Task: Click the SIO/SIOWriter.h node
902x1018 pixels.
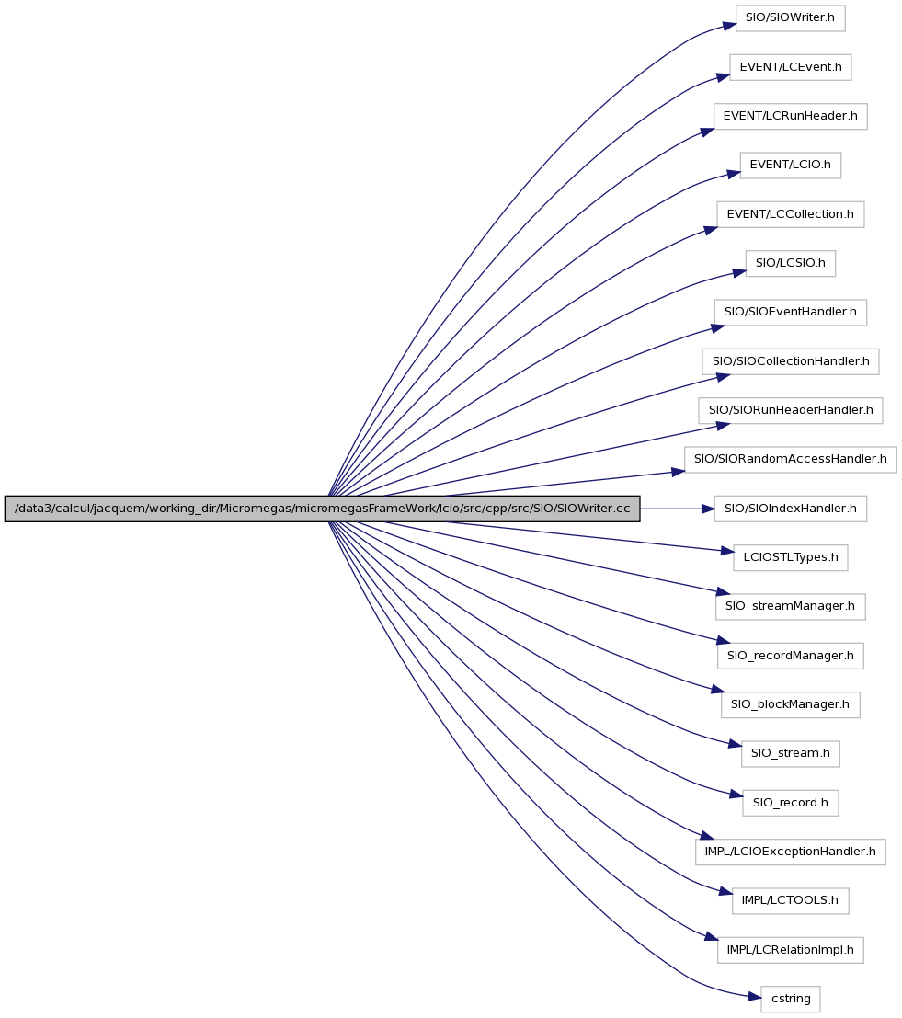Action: click(x=790, y=18)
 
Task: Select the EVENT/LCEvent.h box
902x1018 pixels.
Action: click(x=790, y=67)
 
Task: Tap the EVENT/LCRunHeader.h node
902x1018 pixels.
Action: click(x=790, y=116)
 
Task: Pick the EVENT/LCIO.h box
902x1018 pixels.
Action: click(x=790, y=166)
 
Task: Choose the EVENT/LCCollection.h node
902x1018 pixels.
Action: click(x=790, y=214)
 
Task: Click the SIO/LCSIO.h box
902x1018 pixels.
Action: click(x=790, y=263)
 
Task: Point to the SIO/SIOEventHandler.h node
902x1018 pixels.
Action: click(x=790, y=313)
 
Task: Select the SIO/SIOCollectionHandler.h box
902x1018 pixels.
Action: click(x=790, y=361)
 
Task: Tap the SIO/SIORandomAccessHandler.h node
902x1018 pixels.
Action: click(x=790, y=459)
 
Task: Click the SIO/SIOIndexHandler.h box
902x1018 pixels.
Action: click(x=790, y=509)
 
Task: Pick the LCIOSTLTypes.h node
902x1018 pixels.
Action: click(x=790, y=557)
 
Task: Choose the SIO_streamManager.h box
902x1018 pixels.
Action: click(x=790, y=606)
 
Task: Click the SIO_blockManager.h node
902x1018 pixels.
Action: click(x=790, y=704)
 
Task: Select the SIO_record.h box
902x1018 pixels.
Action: click(x=790, y=803)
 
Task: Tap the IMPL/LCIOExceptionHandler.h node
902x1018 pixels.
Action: click(x=790, y=852)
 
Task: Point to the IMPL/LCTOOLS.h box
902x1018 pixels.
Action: click(x=790, y=900)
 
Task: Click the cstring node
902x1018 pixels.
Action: click(x=790, y=999)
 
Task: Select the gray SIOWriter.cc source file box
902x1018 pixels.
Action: click(x=322, y=509)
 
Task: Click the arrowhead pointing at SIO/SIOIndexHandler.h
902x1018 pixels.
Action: click(x=708, y=509)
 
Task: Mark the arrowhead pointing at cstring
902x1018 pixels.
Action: click(x=754, y=996)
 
